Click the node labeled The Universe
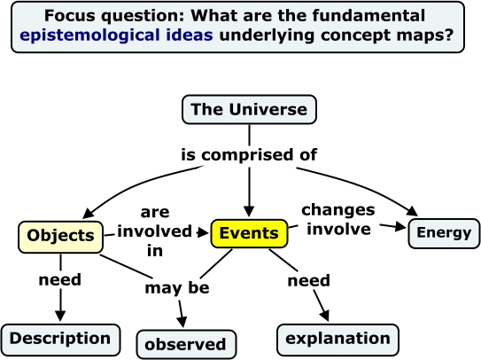tap(249, 110)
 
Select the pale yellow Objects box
tap(60, 236)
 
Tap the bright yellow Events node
tap(249, 234)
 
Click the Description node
tap(60, 338)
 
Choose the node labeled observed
tap(186, 344)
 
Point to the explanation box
tap(337, 339)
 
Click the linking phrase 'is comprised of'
tap(249, 154)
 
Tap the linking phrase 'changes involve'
tap(337, 219)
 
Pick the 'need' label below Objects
tap(60, 280)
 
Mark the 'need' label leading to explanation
tap(308, 281)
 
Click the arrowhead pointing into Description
tap(60, 317)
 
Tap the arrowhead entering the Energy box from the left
tap(400, 228)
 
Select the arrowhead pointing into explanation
tap(325, 316)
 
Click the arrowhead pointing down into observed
tap(184, 322)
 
